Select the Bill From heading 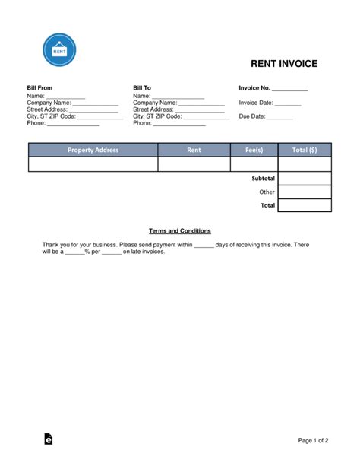[39, 89]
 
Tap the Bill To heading [142, 89]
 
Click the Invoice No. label [254, 89]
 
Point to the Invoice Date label [255, 103]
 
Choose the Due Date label [251, 116]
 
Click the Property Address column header [93, 151]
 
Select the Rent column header [194, 151]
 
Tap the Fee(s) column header [254, 151]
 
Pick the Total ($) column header [305, 151]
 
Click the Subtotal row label [263, 178]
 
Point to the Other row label [267, 192]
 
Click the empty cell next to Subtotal [305, 178]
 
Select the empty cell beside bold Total [305, 205]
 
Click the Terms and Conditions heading [179, 230]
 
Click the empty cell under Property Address [93, 164]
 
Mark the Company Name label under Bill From [49, 103]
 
